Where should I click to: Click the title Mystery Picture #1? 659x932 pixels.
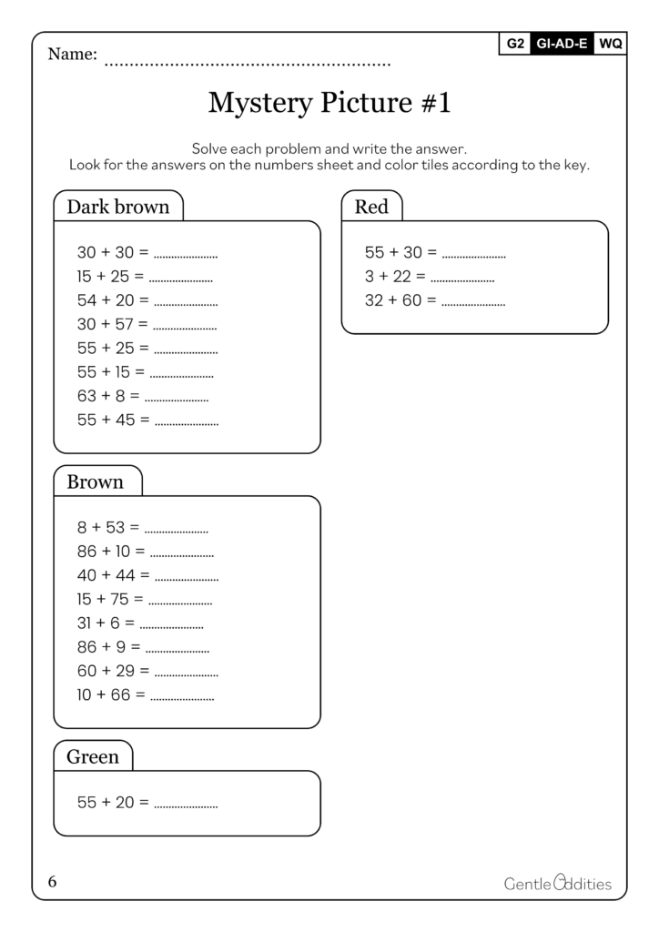click(329, 103)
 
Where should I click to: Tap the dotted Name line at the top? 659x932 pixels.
click(248, 65)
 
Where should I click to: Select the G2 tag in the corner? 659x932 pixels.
click(514, 43)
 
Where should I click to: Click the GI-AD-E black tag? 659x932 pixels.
click(562, 43)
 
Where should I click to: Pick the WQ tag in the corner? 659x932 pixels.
click(610, 43)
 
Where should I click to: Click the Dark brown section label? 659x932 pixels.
click(118, 207)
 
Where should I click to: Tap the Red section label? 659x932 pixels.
click(371, 207)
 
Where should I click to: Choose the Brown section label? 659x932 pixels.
click(96, 481)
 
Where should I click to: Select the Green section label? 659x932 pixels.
click(93, 756)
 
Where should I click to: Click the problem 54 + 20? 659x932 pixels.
click(113, 300)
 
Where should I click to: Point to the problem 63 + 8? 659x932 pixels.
click(108, 396)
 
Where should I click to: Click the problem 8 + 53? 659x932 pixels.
click(108, 527)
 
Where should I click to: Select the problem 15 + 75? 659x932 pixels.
click(110, 599)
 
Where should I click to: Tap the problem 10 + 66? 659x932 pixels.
click(111, 694)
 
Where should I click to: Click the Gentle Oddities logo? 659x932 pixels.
click(557, 883)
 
